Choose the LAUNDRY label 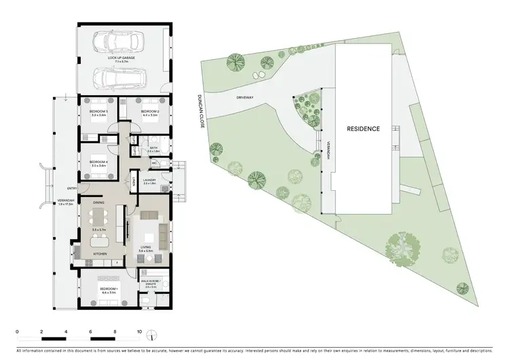[151, 180]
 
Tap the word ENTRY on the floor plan [71, 189]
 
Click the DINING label [98, 202]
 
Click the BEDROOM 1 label [109, 289]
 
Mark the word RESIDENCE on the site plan [363, 128]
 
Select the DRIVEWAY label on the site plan [244, 98]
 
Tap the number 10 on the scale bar [139, 331]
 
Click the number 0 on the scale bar [18, 331]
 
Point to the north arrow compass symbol [155, 334]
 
